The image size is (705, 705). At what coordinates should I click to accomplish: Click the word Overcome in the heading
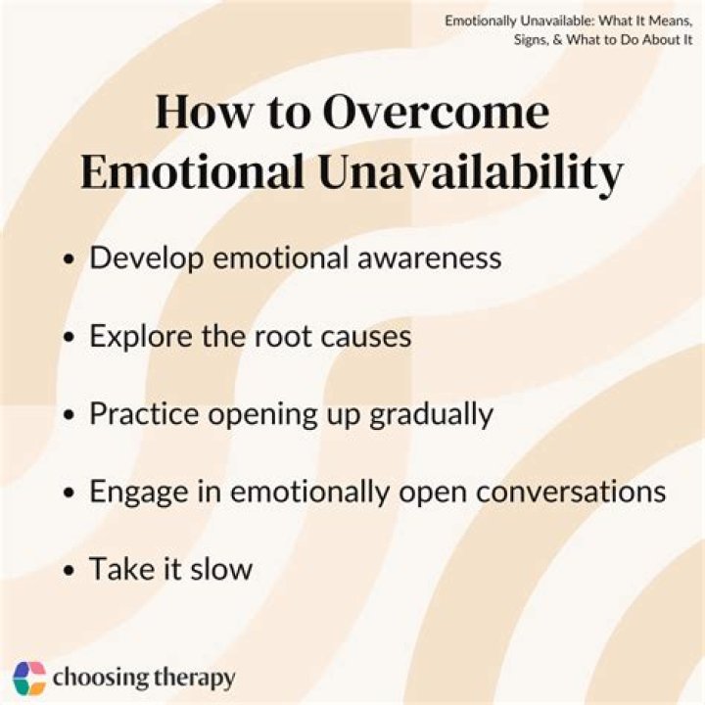pos(437,114)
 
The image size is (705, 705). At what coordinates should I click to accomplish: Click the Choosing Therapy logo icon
pos(29,677)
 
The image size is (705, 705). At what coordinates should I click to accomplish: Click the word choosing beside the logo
pos(95,678)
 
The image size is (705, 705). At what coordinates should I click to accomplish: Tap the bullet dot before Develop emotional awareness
pos(69,259)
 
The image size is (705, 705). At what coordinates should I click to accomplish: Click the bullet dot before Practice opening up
pos(69,415)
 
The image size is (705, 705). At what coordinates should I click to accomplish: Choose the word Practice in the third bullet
pos(141,413)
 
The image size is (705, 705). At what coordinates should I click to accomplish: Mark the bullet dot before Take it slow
pos(69,571)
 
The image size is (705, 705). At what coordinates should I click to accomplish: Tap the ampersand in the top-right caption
pos(555,39)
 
